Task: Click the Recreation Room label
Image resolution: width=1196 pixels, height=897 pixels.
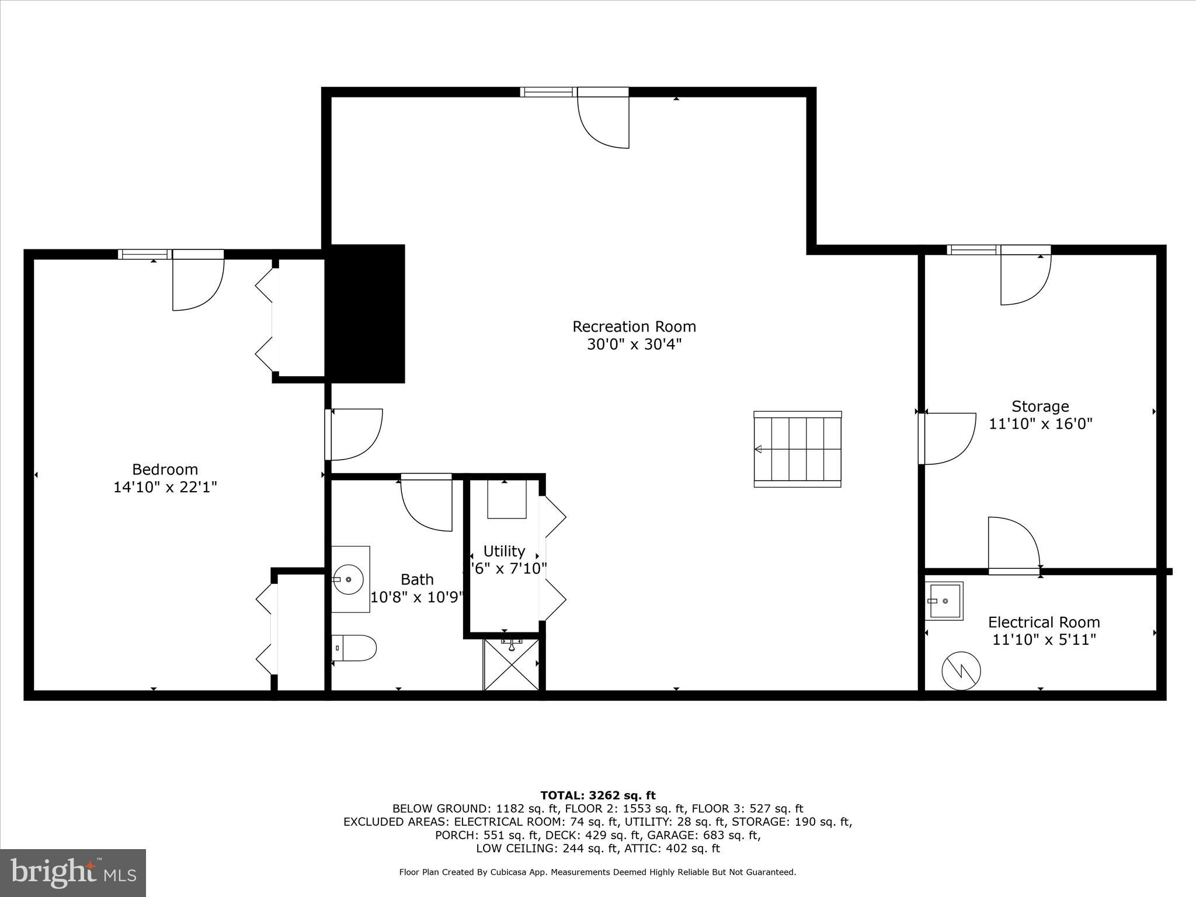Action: [634, 326]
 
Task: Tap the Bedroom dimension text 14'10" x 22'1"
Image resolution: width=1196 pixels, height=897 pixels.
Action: [165, 487]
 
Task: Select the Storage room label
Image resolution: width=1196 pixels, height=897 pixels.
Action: [1040, 406]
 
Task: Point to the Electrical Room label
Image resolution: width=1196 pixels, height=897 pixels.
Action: [1044, 623]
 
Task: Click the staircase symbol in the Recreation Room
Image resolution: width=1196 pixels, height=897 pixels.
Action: [798, 449]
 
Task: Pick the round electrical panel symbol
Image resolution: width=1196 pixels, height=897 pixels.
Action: [961, 671]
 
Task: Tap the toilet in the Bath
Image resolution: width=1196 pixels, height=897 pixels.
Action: [354, 648]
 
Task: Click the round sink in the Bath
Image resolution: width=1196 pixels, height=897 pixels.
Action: [349, 579]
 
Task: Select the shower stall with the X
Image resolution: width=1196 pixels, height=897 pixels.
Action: [511, 666]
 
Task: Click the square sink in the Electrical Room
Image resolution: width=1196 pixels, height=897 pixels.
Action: [944, 601]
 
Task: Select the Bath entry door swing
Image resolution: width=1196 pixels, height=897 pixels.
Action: [427, 503]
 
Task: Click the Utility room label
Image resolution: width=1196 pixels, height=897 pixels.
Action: [504, 551]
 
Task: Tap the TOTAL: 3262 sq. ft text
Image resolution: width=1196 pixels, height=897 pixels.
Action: [597, 795]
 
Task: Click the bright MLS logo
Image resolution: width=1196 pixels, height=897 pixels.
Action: [73, 872]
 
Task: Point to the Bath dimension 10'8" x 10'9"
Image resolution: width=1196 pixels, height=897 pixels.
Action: [417, 597]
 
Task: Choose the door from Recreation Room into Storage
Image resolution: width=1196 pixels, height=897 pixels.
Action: [948, 438]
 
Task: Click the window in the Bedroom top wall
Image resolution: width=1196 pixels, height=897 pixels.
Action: [144, 254]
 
